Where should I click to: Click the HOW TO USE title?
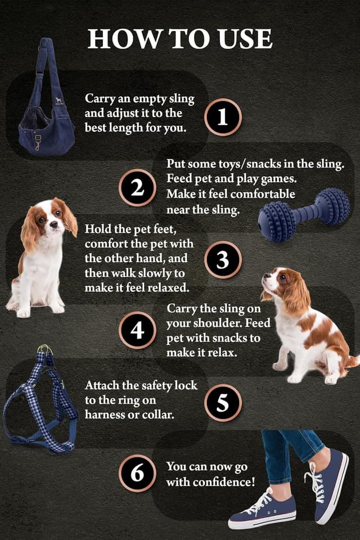[x=180, y=38]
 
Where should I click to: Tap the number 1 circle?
[x=223, y=117]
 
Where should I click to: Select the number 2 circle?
[x=137, y=188]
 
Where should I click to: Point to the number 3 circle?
[x=223, y=260]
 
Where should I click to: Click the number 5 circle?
[x=223, y=402]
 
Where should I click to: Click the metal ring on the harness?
[x=44, y=350]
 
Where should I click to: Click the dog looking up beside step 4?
[x=307, y=326]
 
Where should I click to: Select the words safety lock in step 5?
[x=159, y=386]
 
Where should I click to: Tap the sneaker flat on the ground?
[x=262, y=509]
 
